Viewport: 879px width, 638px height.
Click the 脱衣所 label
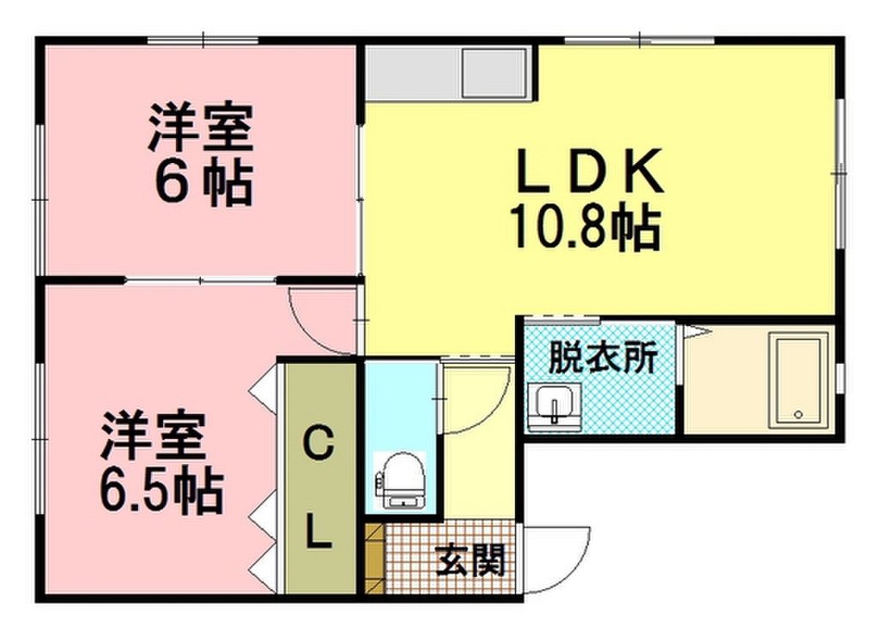(x=603, y=357)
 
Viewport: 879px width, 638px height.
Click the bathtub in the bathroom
(x=797, y=381)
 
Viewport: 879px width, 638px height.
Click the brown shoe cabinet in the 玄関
(x=373, y=561)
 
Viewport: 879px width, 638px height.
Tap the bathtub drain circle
(x=798, y=415)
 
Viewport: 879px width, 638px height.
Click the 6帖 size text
(x=203, y=183)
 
